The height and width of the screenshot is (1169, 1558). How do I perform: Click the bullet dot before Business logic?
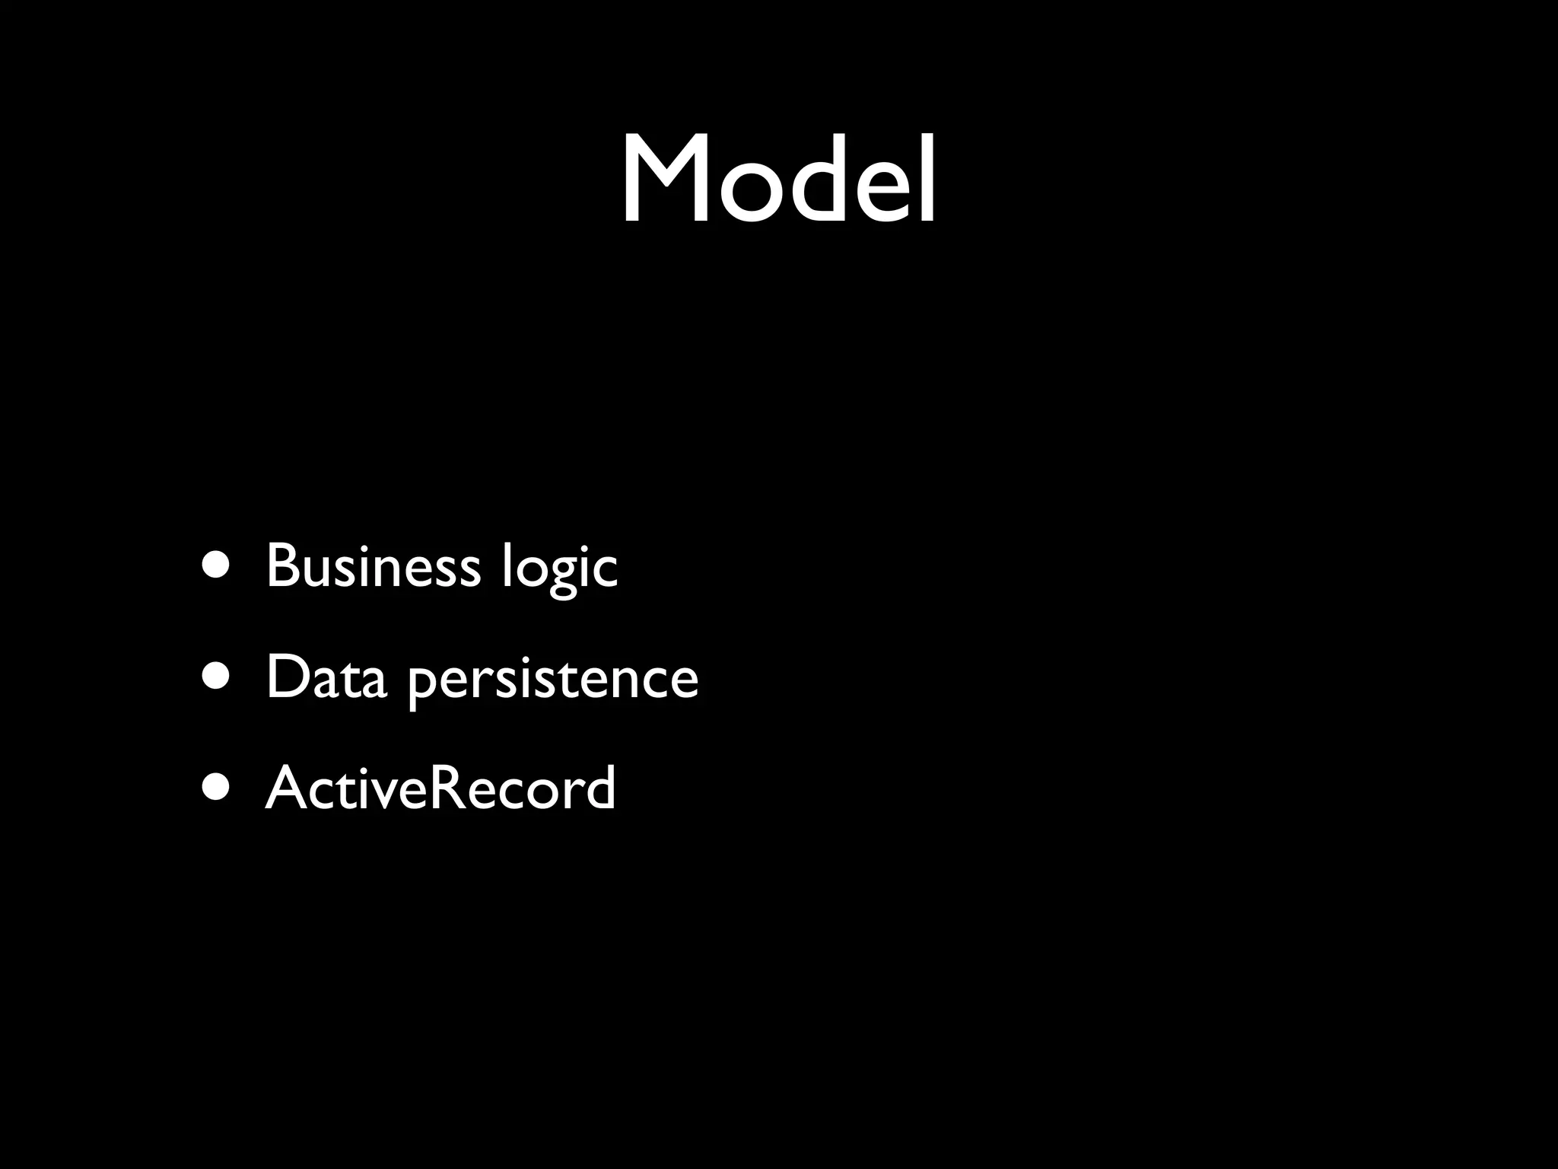[x=215, y=566]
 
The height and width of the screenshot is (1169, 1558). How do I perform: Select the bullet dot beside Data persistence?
[x=215, y=677]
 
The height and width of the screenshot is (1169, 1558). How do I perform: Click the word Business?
[x=373, y=566]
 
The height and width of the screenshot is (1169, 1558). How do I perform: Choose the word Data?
[x=326, y=677]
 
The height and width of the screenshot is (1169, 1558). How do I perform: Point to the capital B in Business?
[x=283, y=566]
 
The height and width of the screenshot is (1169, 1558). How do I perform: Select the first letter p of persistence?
[x=423, y=685]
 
